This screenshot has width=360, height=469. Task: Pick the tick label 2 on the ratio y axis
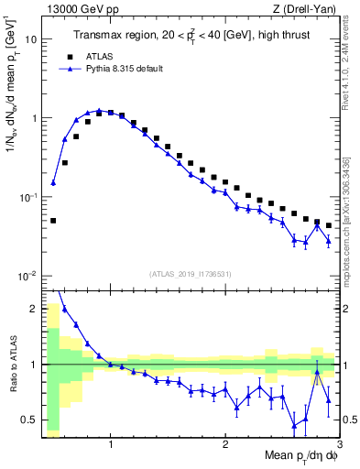tap(33, 308)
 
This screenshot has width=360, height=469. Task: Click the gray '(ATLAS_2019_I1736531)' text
tap(191, 273)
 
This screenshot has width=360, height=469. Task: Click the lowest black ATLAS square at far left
tap(53, 221)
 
